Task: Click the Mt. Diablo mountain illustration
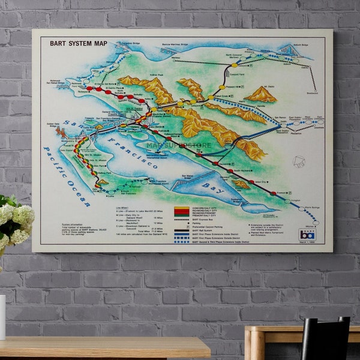pos(261,94)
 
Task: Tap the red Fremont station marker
pos(273,193)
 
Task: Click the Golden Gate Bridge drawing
pos(61,131)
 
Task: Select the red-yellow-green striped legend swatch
pos(181,211)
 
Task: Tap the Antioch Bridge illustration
pos(289,49)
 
